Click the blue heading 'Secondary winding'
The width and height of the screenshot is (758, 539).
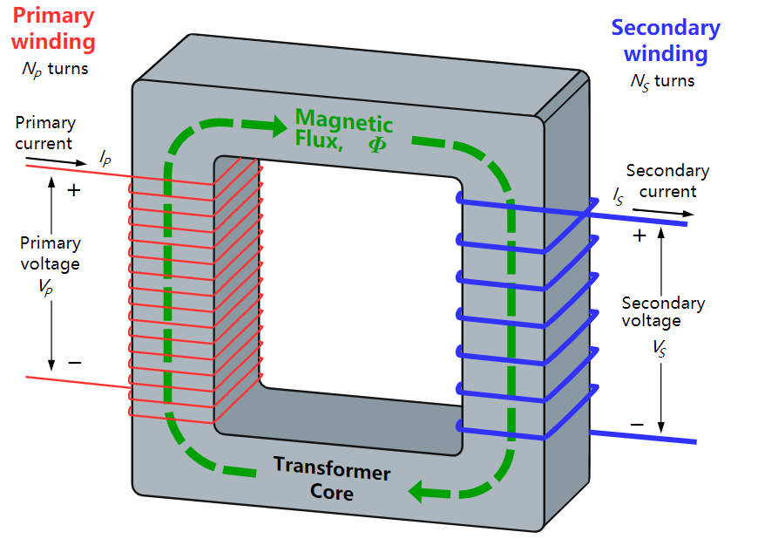(x=666, y=40)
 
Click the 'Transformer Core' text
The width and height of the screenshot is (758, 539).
(x=332, y=479)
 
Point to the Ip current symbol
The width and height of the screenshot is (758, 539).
(x=105, y=158)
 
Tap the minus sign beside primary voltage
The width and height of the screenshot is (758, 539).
(x=75, y=362)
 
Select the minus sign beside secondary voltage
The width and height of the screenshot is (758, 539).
(x=637, y=425)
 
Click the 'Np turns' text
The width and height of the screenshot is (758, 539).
(x=54, y=68)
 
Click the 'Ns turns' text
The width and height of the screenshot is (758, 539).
(x=663, y=81)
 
